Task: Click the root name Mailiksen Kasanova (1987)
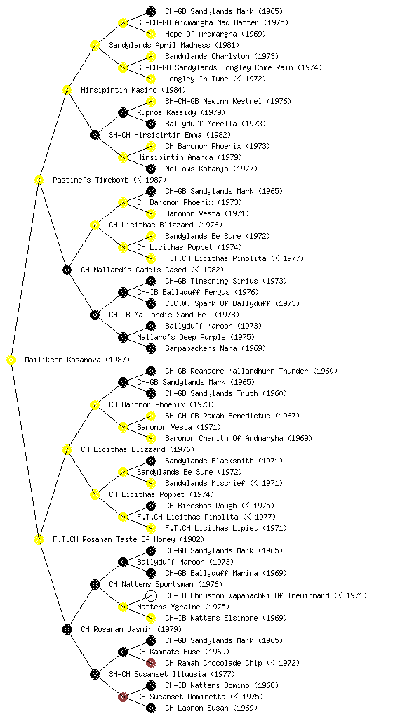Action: click(77, 360)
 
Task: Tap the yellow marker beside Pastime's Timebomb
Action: click(39, 180)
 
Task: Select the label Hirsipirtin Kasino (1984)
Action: click(133, 91)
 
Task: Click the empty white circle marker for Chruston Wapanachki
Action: click(151, 595)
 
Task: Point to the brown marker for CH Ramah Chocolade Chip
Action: click(151, 663)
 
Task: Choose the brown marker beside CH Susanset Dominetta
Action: click(123, 697)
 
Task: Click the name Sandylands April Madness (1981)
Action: click(174, 46)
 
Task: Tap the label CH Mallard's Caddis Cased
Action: click(134, 270)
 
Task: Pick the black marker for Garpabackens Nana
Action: click(151, 348)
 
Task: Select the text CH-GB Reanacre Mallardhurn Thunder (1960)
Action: click(251, 371)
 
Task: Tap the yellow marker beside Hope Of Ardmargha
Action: click(151, 34)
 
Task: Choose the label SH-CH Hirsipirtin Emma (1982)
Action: click(170, 136)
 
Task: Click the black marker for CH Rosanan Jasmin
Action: click(67, 630)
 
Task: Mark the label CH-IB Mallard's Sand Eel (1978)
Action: click(174, 315)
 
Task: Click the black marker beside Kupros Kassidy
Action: click(123, 113)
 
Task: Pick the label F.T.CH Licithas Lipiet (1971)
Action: click(226, 528)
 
